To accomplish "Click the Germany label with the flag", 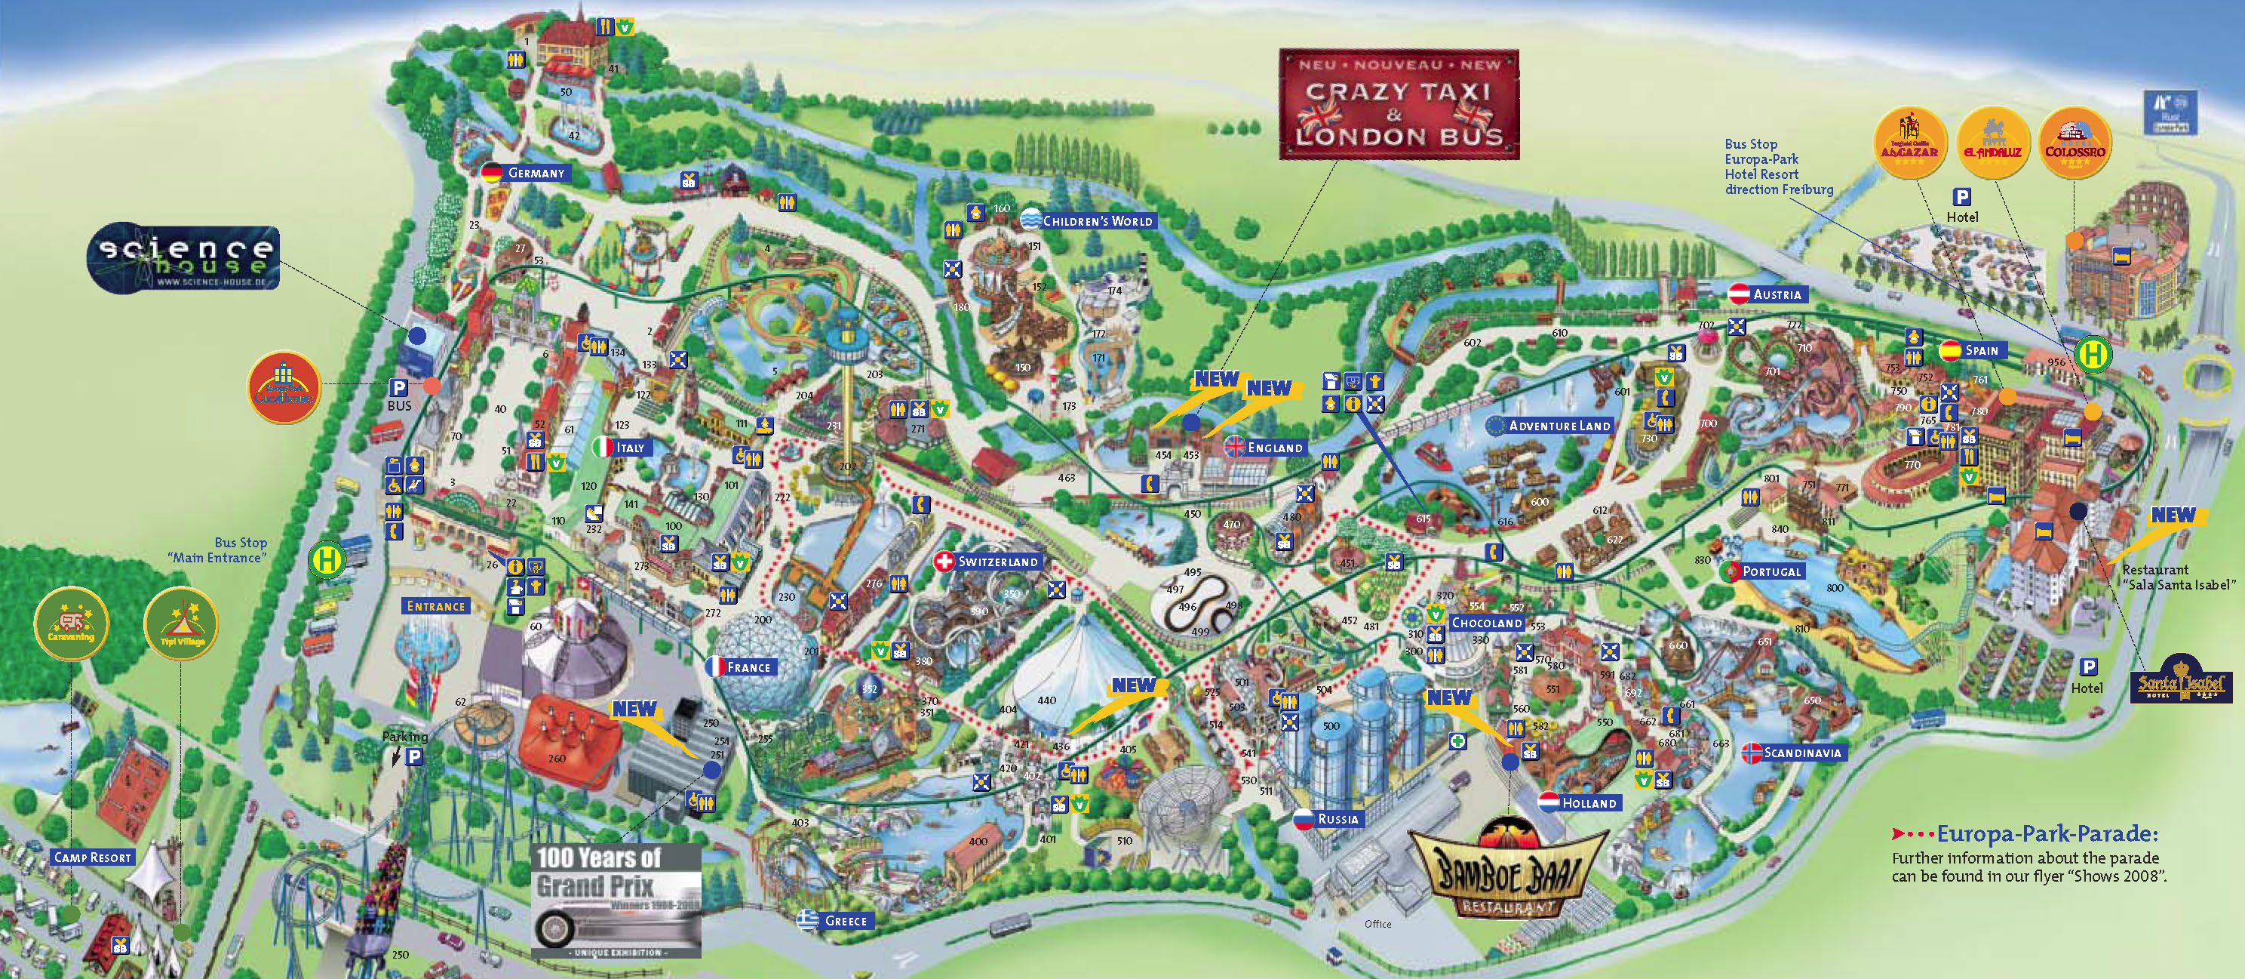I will pos(526,173).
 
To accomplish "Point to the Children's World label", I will pos(1089,220).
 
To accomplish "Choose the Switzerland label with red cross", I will pos(988,562).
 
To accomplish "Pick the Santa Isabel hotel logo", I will pos(2181,685).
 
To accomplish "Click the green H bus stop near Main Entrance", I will pos(327,559).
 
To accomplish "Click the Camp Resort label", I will pos(91,857).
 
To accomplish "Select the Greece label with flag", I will pos(834,921).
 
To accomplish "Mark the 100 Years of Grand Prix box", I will pos(616,900).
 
